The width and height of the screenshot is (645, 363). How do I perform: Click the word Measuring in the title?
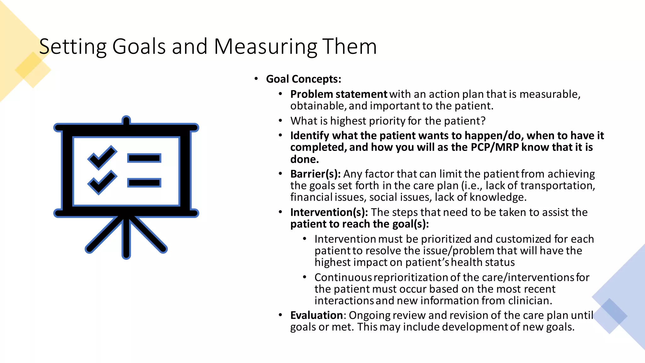click(265, 47)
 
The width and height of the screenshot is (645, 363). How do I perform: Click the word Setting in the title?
click(73, 47)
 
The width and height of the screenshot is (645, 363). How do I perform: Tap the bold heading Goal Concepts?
click(303, 79)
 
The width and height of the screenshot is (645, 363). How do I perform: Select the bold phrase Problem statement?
click(339, 94)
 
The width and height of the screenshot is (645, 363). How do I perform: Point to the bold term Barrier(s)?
click(315, 174)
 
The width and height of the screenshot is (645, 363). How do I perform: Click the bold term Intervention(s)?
click(329, 212)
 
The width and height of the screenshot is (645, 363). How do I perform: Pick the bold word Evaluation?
click(316, 315)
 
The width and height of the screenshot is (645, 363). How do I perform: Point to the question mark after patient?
click(483, 121)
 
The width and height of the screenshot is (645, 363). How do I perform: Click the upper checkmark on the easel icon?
click(102, 157)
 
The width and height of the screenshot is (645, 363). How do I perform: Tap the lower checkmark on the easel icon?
click(102, 182)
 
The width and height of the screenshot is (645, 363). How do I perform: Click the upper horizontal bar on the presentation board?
click(144, 158)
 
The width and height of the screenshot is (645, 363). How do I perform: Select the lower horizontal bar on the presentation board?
click(144, 183)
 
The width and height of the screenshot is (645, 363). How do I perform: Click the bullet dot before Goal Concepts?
click(256, 78)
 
